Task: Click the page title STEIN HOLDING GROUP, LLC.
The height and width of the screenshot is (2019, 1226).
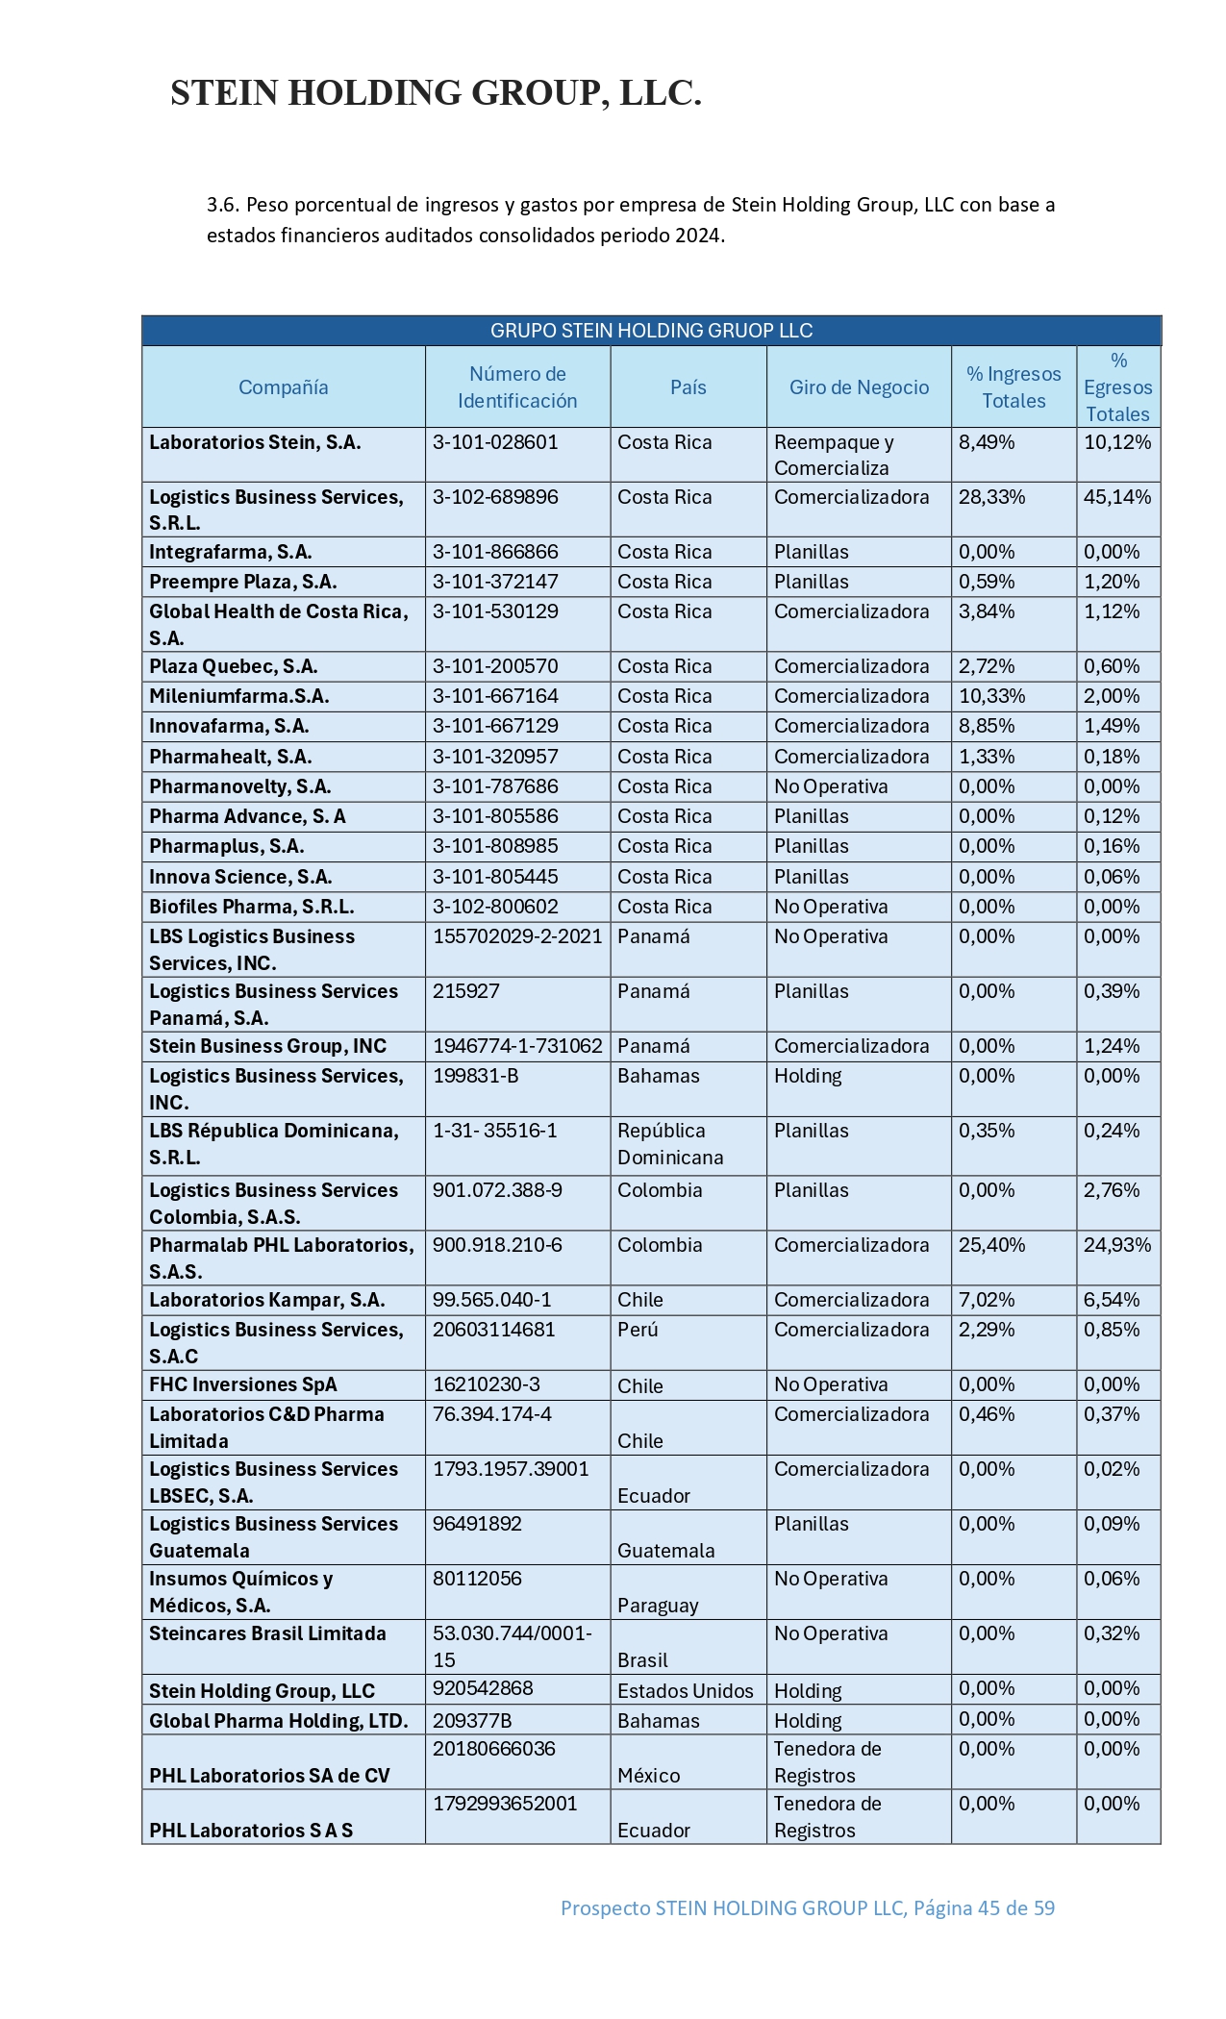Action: point(436,93)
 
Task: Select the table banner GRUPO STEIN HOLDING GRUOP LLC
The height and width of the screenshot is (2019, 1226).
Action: point(651,331)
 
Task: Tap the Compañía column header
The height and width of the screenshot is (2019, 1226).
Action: point(283,387)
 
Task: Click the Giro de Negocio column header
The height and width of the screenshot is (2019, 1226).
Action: point(859,387)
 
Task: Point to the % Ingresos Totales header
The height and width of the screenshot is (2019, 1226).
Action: point(1013,387)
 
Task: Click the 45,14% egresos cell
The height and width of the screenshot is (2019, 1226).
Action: point(1117,497)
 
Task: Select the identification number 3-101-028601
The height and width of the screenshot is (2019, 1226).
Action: point(495,442)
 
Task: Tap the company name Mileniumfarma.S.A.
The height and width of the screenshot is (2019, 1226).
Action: point(238,696)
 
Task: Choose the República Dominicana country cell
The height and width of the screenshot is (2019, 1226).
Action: point(669,1144)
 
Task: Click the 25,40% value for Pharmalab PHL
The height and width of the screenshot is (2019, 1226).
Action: point(991,1245)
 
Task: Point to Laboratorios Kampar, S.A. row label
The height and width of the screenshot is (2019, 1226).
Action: point(266,1300)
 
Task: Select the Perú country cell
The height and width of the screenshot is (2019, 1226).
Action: point(638,1330)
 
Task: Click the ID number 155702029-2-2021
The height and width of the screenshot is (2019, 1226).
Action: point(517,936)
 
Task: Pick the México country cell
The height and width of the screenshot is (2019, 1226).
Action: point(648,1776)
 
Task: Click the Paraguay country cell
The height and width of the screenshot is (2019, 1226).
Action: point(658,1606)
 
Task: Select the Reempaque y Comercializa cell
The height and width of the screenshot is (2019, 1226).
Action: point(834,455)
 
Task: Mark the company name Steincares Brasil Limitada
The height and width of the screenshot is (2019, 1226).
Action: point(267,1633)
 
